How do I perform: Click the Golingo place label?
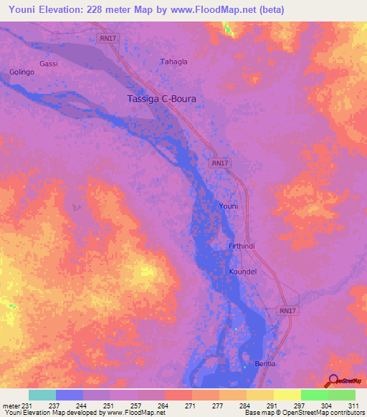[x=22, y=72]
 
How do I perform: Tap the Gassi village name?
[x=49, y=64]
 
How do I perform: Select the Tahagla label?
[x=174, y=62]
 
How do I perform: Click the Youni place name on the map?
[x=228, y=206]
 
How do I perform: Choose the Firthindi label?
[x=242, y=246]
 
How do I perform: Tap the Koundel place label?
[x=242, y=272]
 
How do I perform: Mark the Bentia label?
[x=265, y=364]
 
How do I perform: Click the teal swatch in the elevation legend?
[x=42, y=395]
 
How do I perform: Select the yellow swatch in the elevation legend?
[x=287, y=395]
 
